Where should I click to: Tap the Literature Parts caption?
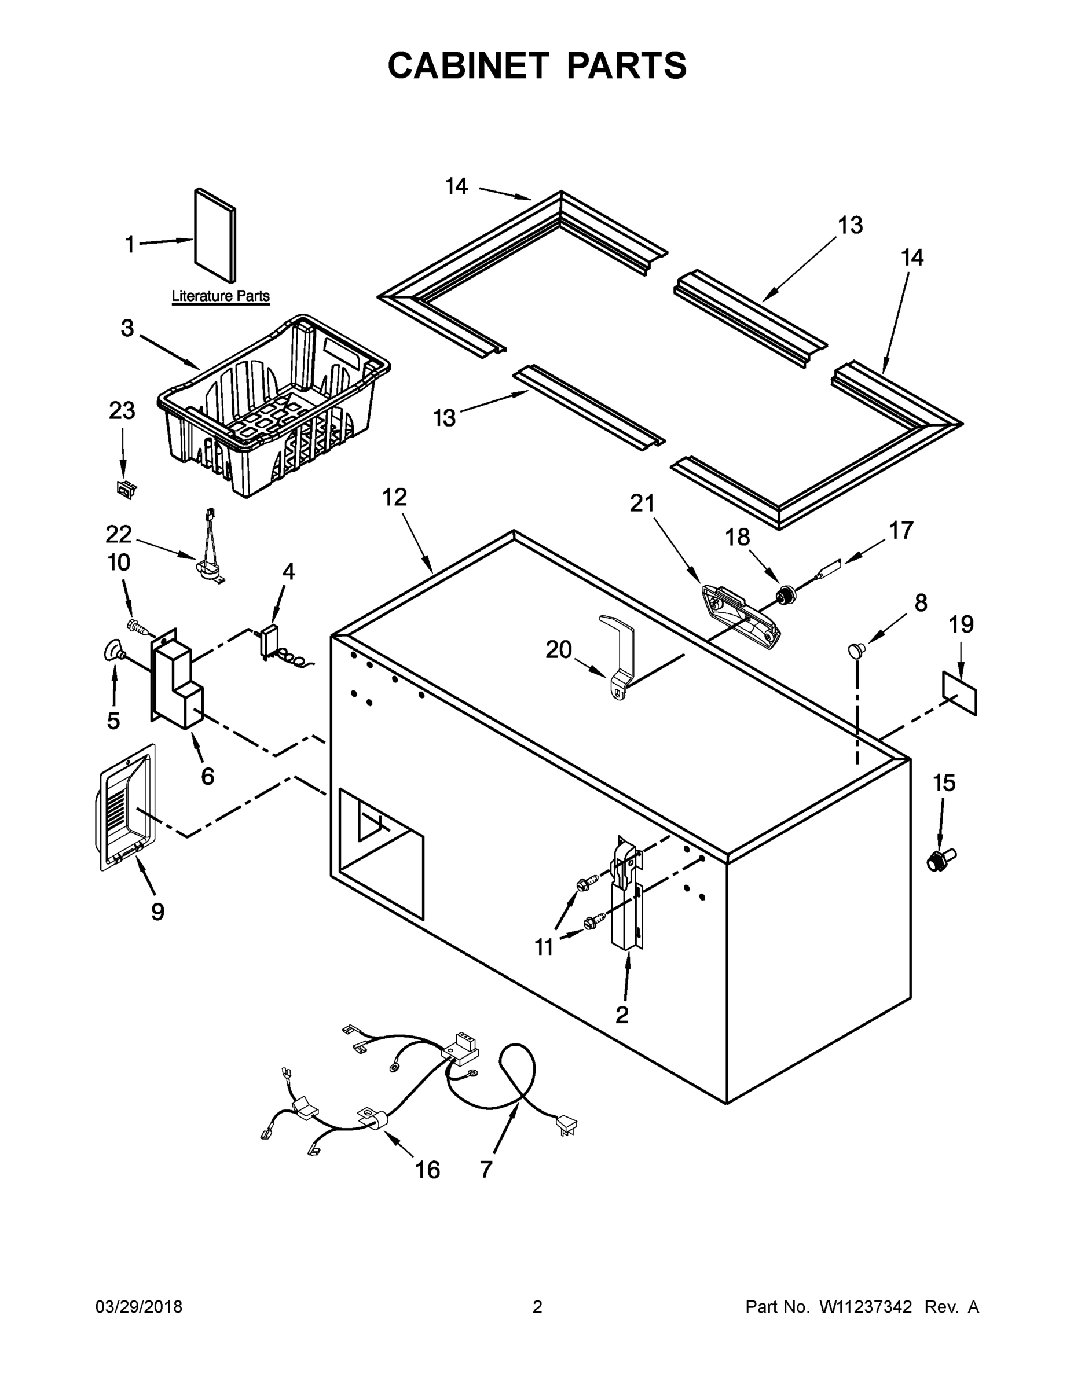pos(220,296)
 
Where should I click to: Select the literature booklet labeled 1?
pos(215,236)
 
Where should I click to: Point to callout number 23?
pos(122,411)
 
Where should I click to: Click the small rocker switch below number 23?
pos(126,489)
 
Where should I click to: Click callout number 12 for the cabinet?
pos(394,497)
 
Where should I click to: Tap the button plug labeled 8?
pos(857,649)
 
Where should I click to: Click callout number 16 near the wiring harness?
pos(427,1169)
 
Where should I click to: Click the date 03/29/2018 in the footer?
pos(139,1307)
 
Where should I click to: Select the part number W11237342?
pos(866,1307)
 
